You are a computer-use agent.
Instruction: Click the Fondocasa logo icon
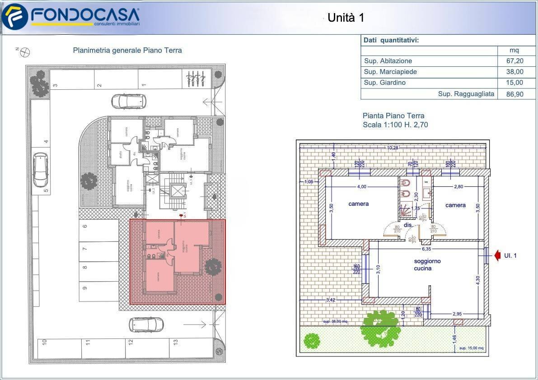pyautogui.click(x=14, y=17)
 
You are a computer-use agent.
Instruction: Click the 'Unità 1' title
pyautogui.click(x=346, y=18)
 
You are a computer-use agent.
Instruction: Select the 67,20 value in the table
pyautogui.click(x=515, y=61)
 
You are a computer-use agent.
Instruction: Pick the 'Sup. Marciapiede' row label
pyautogui.click(x=390, y=72)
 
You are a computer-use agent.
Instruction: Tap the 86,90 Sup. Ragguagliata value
pyautogui.click(x=515, y=94)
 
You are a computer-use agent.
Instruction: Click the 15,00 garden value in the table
pyautogui.click(x=515, y=83)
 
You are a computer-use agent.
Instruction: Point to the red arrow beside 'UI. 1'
pyautogui.click(x=496, y=256)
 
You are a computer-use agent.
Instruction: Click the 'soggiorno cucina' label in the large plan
pyautogui.click(x=427, y=264)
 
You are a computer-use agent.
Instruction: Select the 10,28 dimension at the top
pyautogui.click(x=392, y=148)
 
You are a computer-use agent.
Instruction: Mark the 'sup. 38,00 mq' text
pyautogui.click(x=335, y=321)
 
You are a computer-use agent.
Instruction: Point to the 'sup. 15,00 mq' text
pyautogui.click(x=471, y=348)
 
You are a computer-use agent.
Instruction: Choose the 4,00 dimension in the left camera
pyautogui.click(x=362, y=186)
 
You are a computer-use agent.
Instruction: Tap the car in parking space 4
pyautogui.click(x=41, y=170)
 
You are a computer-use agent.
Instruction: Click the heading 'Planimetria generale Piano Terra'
pyautogui.click(x=127, y=51)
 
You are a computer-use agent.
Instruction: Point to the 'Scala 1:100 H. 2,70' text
pyautogui.click(x=395, y=125)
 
